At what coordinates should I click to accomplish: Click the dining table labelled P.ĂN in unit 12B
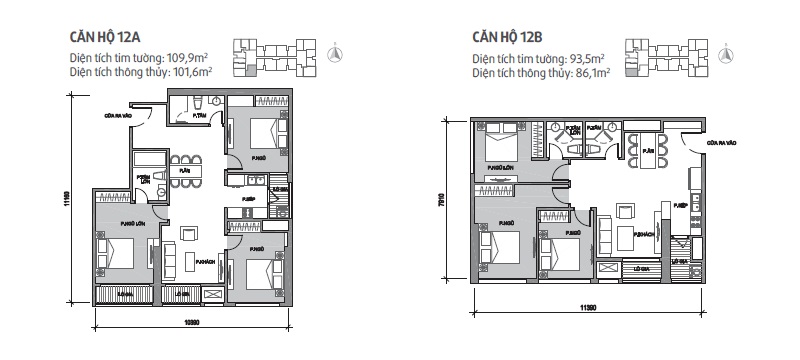(x=647, y=151)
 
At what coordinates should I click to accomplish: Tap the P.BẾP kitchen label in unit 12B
(x=680, y=205)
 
